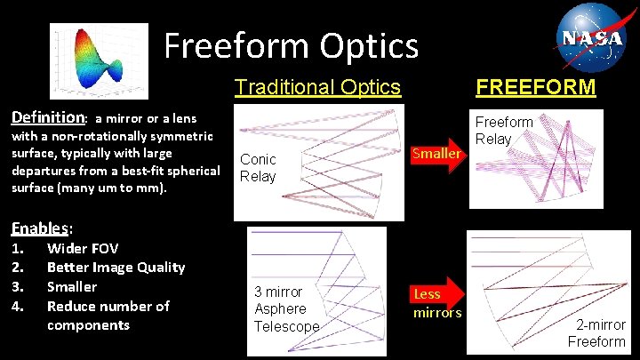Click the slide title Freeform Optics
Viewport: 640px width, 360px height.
click(291, 45)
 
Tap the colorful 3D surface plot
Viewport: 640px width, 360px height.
click(99, 61)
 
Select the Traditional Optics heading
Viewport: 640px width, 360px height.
click(317, 87)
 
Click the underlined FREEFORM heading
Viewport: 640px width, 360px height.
click(536, 87)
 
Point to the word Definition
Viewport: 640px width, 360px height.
click(46, 117)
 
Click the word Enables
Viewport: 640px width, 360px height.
click(39, 228)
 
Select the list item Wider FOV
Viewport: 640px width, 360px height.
click(82, 248)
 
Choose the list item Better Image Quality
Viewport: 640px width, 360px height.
click(116, 267)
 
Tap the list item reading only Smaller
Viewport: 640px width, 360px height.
click(71, 286)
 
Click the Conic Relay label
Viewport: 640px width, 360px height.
click(259, 167)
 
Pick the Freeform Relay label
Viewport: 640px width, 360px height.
click(504, 130)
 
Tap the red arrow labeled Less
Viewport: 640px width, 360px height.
click(431, 294)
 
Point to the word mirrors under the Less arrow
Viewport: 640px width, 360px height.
click(438, 313)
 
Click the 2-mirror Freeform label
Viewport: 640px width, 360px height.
click(596, 332)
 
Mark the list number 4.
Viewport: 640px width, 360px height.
click(17, 306)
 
